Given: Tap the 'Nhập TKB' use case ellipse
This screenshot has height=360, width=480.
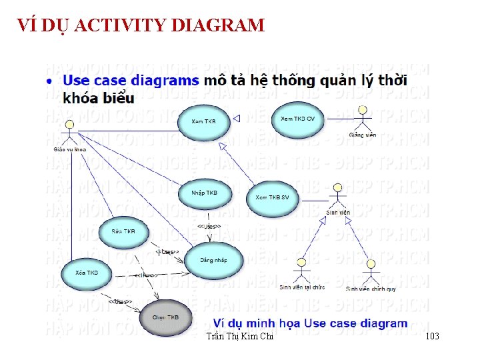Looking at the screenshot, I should (204, 194).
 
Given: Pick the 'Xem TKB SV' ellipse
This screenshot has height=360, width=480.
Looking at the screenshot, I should (273, 199).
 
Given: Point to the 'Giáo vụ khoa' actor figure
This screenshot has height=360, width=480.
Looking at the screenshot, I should (69, 134).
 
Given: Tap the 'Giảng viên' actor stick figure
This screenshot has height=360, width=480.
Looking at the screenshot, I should (362, 120).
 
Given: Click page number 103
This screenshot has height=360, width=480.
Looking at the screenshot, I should (432, 337).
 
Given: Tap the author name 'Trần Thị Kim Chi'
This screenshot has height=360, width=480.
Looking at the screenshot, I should (240, 337).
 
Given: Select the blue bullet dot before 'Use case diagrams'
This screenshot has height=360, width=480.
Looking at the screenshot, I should (51, 81).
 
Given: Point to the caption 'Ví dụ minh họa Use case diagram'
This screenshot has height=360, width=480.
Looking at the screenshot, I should (305, 323).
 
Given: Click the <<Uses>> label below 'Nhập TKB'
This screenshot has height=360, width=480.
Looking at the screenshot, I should (209, 227).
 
